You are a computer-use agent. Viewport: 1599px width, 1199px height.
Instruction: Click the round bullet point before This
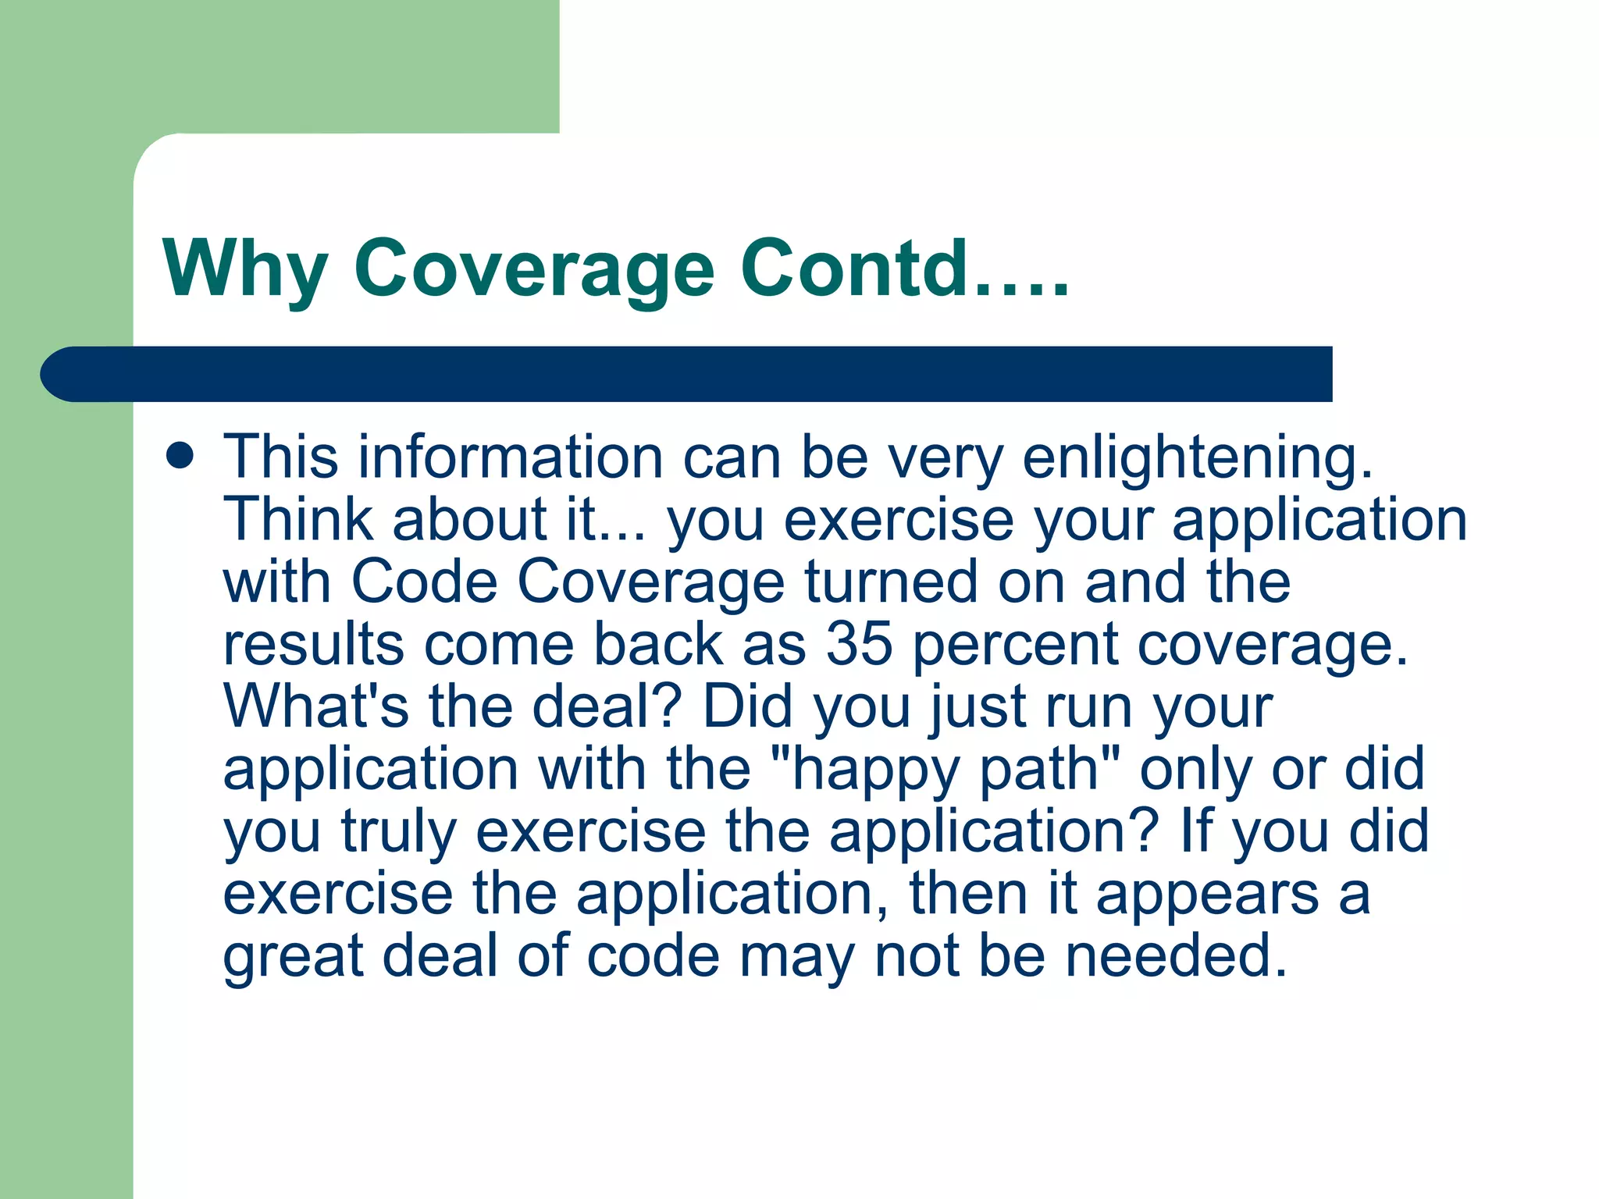click(180, 456)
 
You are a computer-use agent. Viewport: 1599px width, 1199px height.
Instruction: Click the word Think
click(297, 519)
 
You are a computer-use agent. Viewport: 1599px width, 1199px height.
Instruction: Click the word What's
click(316, 706)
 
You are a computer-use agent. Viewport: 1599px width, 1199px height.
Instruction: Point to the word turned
click(891, 582)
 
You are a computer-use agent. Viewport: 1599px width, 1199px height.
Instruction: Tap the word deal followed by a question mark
click(599, 706)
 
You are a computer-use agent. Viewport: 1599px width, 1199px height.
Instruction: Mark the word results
click(313, 644)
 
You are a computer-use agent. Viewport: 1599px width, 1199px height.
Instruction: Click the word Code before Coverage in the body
click(424, 582)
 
